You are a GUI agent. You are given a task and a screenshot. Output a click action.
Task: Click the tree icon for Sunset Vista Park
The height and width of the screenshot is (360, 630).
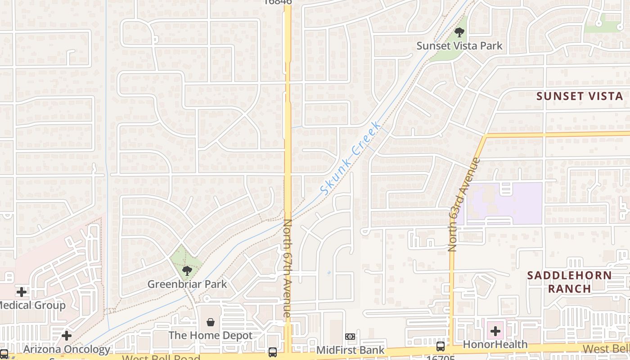tap(459, 32)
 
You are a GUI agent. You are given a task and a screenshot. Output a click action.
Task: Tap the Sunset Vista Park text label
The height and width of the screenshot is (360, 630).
tap(459, 46)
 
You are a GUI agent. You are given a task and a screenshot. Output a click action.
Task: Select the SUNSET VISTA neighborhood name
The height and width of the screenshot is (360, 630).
tap(580, 96)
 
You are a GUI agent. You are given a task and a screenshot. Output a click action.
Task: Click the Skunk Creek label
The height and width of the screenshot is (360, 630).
tap(351, 157)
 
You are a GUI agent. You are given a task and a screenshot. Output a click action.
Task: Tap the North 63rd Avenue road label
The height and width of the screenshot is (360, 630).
tap(464, 204)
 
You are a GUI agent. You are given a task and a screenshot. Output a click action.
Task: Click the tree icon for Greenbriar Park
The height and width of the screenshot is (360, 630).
tap(187, 270)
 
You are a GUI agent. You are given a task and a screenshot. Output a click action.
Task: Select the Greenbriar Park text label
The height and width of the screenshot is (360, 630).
tap(187, 284)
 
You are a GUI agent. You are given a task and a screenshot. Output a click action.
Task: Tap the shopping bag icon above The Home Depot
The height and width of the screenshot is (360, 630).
tap(210, 322)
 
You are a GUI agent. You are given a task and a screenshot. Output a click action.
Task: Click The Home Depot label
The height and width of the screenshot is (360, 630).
tap(210, 335)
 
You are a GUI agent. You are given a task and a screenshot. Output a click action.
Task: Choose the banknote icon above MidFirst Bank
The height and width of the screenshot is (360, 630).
tap(350, 336)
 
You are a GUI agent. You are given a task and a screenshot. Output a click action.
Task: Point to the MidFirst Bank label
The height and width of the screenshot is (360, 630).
tap(350, 350)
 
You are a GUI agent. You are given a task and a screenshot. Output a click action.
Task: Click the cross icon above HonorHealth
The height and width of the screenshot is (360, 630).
tap(495, 332)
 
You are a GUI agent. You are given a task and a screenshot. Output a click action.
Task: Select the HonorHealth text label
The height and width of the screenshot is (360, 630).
tap(495, 345)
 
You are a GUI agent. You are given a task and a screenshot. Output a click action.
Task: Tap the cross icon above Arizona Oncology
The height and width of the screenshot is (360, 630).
tap(67, 336)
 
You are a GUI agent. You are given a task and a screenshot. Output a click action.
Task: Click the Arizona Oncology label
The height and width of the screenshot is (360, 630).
tap(67, 349)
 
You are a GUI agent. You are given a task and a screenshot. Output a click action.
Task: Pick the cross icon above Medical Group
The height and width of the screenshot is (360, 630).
tap(21, 292)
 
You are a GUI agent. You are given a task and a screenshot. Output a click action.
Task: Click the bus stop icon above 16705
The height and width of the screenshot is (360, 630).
tap(440, 346)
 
